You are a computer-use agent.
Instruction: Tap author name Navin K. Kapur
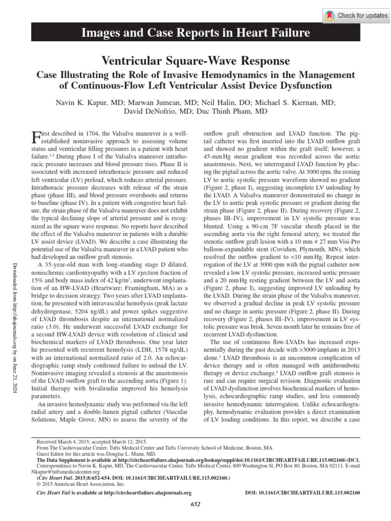[81, 101]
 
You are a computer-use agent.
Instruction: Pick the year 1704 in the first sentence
[87, 132]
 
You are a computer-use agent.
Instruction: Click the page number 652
[195, 504]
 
